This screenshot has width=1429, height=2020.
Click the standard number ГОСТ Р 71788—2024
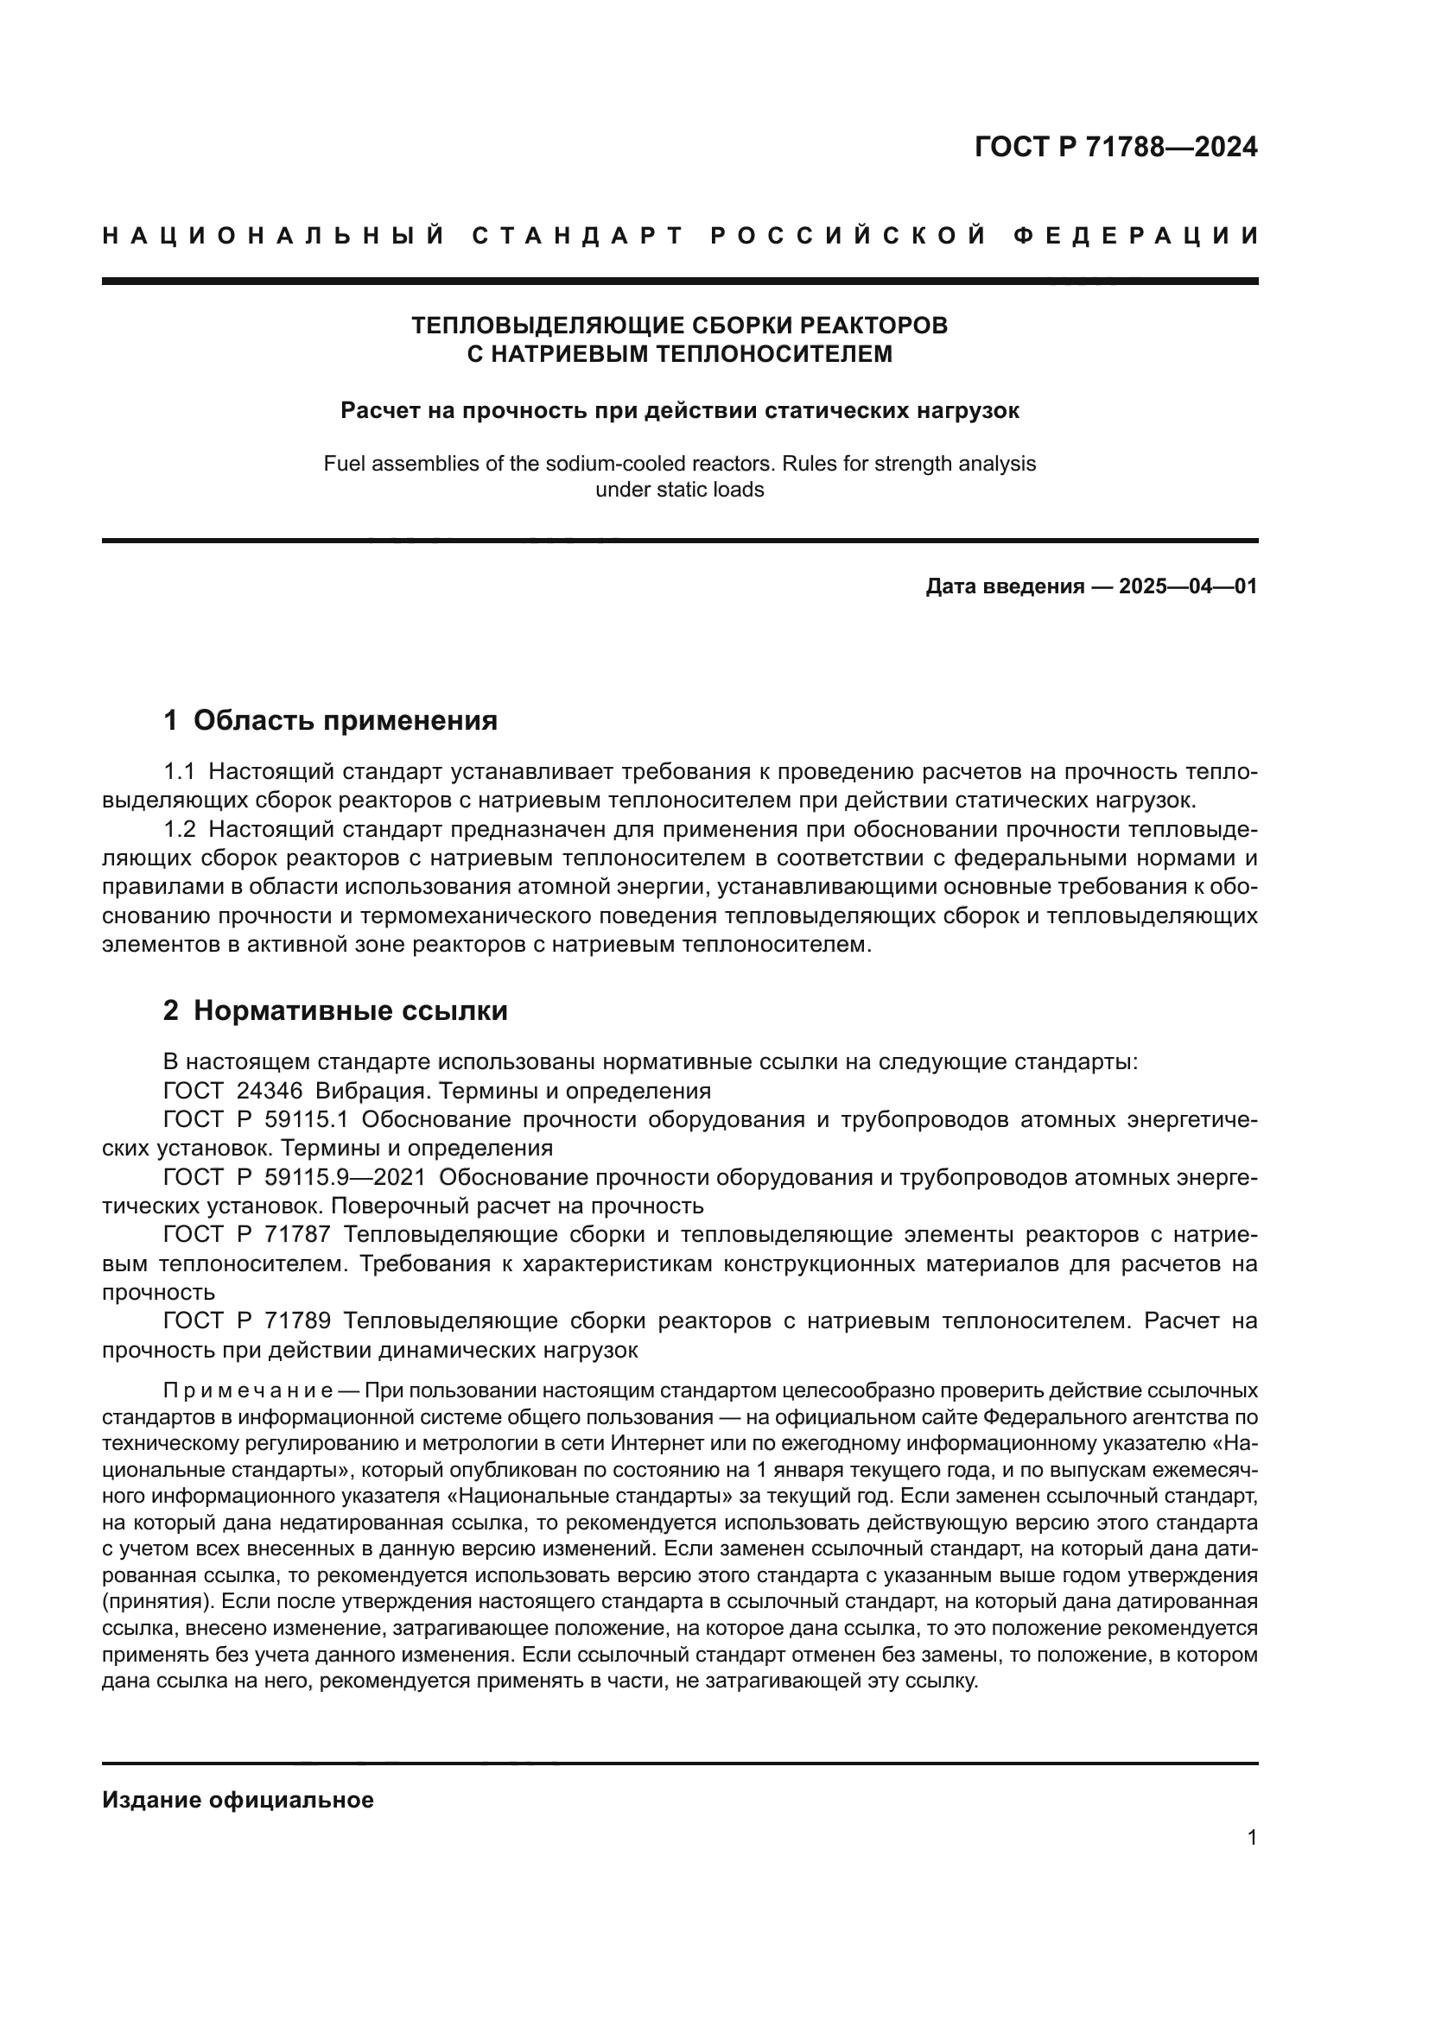click(x=1115, y=147)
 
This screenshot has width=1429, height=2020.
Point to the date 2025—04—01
click(x=1188, y=586)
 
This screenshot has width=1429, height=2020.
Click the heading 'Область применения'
click(x=345, y=720)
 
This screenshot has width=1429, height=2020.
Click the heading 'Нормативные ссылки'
click(x=350, y=1011)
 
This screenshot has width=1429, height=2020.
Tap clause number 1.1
click(x=179, y=771)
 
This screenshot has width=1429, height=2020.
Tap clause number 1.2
click(x=180, y=830)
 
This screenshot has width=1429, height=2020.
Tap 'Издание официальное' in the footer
click(x=238, y=1800)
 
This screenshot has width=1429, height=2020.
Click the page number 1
click(x=1252, y=1838)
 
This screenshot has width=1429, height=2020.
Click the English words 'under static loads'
click(x=679, y=490)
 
